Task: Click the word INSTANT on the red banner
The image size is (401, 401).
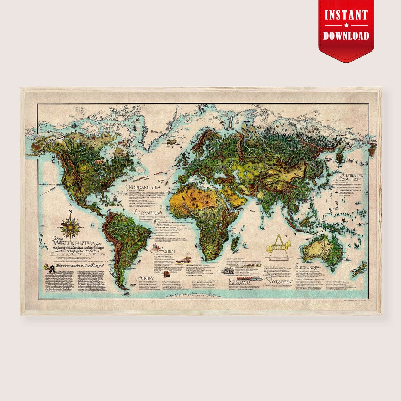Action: click(x=346, y=15)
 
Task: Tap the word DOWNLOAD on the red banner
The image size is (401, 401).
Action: click(x=346, y=36)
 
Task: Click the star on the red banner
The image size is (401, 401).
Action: click(x=346, y=25)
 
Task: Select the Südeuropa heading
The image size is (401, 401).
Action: click(x=309, y=267)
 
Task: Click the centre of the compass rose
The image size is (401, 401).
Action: click(x=70, y=226)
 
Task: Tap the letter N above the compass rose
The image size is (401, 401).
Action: click(x=70, y=213)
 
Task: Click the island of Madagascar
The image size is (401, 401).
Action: click(x=234, y=244)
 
